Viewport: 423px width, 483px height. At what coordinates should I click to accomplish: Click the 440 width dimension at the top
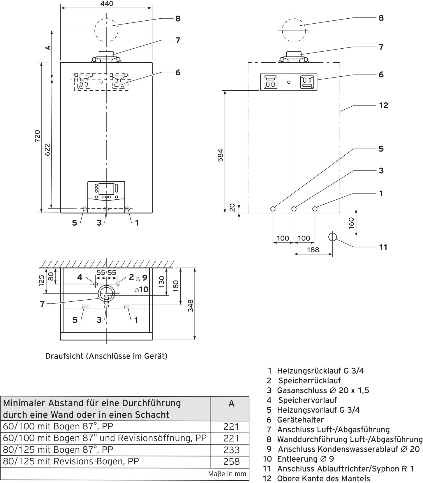coord(107,3)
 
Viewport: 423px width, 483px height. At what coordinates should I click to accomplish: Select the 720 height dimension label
coord(38,136)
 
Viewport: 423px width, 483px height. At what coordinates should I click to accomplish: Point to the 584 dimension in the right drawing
coord(221,155)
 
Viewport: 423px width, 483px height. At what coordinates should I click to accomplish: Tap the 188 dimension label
coord(313,250)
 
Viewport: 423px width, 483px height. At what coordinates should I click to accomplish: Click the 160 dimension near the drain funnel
coord(351,223)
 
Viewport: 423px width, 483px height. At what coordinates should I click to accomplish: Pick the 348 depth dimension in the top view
coord(191,305)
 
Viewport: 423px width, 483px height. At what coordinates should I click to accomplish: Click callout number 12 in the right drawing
coord(384,105)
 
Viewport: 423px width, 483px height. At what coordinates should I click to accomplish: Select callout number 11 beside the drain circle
coord(383,247)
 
